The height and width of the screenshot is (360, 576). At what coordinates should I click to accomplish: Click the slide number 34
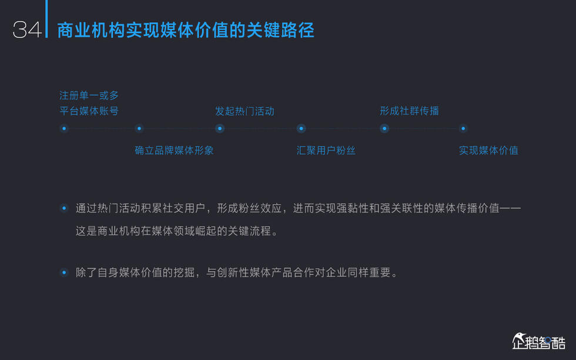tap(27, 30)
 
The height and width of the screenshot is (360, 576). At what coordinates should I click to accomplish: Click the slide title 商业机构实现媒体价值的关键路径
tap(186, 30)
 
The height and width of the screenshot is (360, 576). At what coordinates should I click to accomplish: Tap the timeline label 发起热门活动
tap(245, 111)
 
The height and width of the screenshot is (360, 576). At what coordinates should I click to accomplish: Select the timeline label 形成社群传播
tap(409, 111)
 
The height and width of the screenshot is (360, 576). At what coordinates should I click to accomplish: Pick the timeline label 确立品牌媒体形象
tap(174, 150)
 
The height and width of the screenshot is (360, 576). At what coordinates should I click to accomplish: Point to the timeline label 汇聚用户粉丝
tap(326, 150)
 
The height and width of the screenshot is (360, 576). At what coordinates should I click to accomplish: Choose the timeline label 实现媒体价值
tap(488, 150)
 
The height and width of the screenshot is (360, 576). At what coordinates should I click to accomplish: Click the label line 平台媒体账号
tap(89, 111)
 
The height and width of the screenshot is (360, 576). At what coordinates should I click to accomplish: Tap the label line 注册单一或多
tap(89, 95)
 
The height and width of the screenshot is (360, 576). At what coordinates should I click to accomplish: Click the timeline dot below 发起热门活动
tap(220, 128)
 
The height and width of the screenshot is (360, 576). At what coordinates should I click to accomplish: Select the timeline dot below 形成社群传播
tap(384, 128)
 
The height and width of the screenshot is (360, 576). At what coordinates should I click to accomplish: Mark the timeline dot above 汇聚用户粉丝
tap(301, 128)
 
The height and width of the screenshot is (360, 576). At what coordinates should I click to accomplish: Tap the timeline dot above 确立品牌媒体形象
tap(139, 128)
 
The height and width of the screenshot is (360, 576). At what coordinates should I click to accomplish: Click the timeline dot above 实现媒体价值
tap(463, 128)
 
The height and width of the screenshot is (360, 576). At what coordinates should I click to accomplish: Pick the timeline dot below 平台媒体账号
tap(64, 128)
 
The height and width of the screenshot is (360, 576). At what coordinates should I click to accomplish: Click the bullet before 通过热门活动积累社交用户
tap(64, 208)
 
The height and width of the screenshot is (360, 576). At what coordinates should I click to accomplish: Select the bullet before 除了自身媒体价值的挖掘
tap(64, 272)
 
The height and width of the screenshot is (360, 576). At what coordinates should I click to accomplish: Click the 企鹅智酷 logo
tap(539, 341)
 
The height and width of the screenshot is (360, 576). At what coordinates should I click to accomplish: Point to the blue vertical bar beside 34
tap(46, 19)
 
